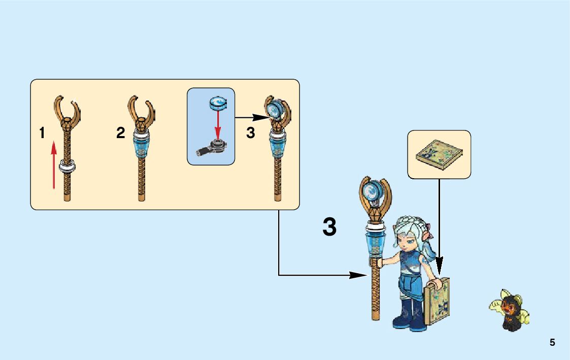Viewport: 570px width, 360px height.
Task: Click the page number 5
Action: [x=552, y=343]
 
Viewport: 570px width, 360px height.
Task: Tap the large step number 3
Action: [x=329, y=227]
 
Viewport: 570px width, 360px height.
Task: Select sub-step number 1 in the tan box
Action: [x=42, y=134]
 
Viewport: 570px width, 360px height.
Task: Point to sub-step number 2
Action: [x=120, y=134]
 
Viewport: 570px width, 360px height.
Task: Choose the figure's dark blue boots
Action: [x=408, y=315]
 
